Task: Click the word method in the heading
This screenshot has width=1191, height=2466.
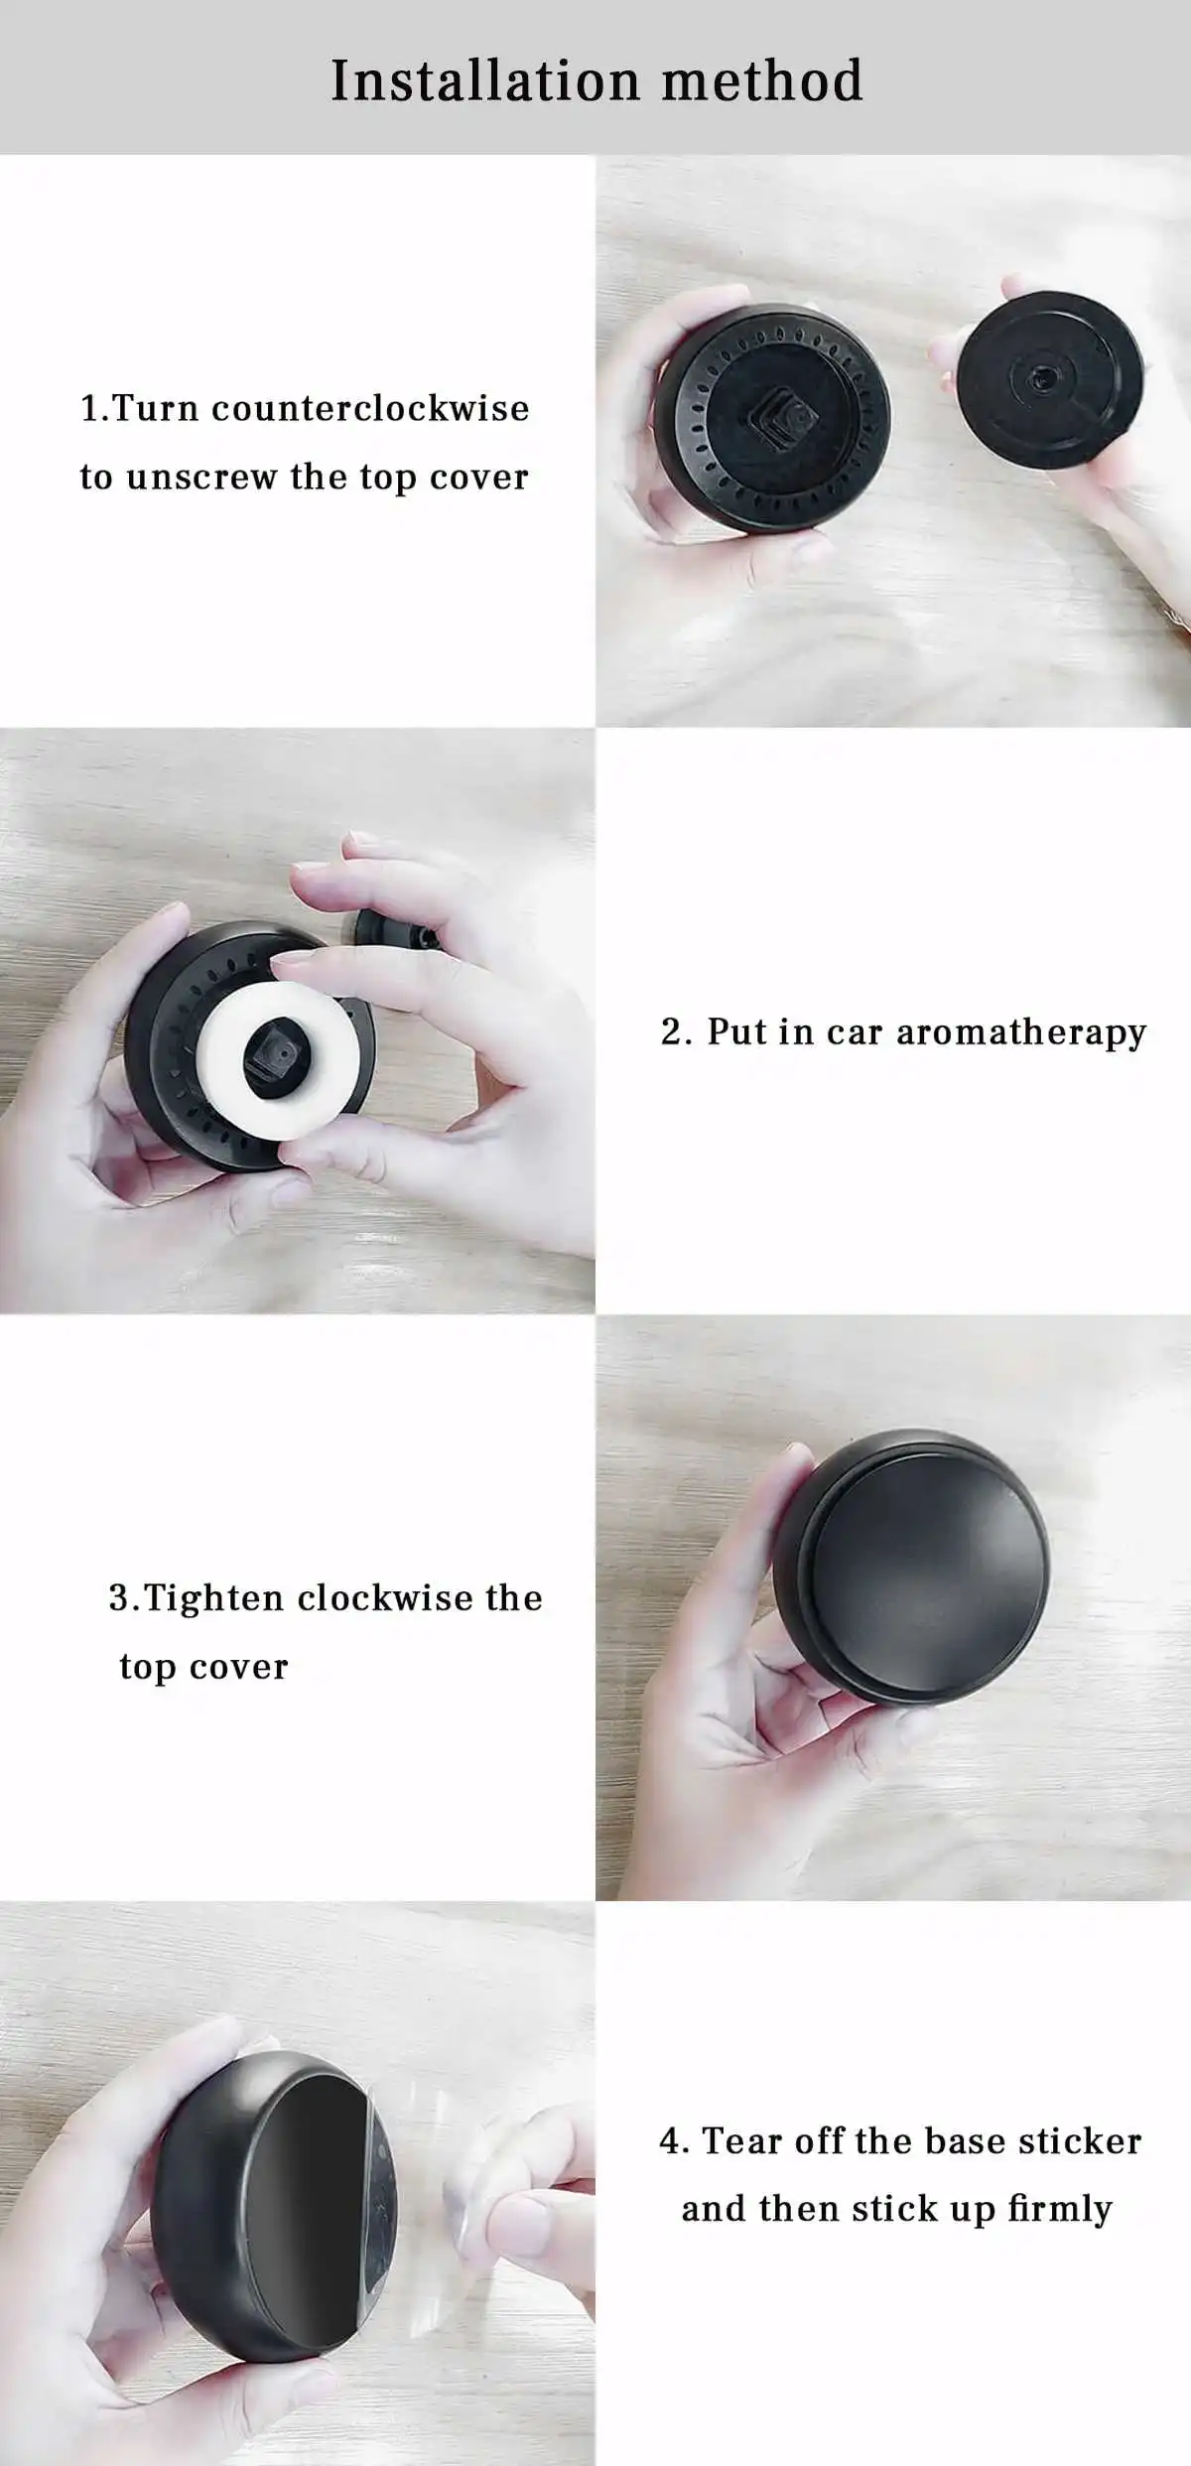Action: (762, 80)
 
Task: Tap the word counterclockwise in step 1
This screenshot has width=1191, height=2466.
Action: (370, 408)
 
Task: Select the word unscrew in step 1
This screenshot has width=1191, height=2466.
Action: (201, 478)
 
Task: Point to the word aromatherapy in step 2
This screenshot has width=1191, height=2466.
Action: (1021, 1033)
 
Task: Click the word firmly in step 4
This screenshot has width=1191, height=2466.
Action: (1059, 2210)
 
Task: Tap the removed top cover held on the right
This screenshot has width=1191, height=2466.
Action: (1052, 382)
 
